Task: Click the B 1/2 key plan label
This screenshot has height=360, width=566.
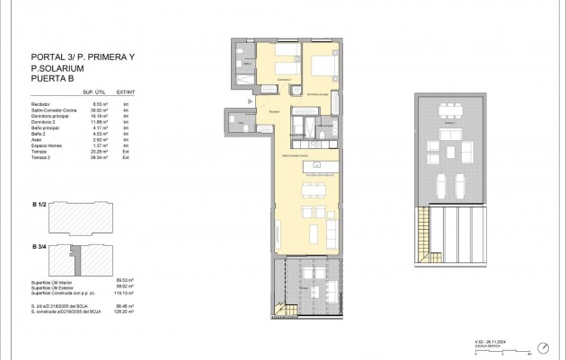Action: [39, 206]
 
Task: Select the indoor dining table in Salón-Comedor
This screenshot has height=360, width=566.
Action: [314, 189]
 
